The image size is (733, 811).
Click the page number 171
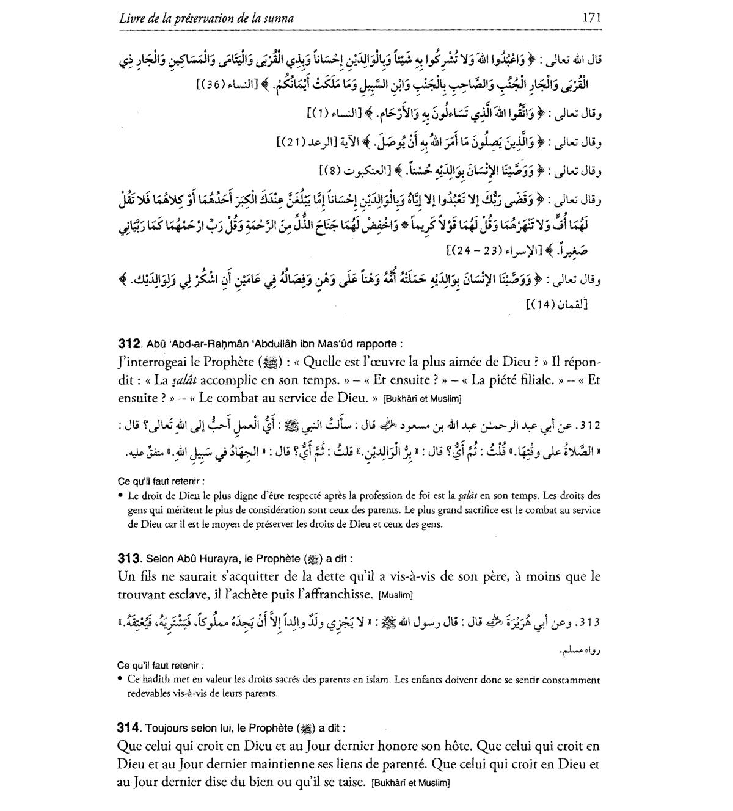pos(592,18)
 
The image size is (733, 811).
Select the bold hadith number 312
pos(129,343)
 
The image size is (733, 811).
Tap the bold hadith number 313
pos(129,558)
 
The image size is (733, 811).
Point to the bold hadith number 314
pos(129,728)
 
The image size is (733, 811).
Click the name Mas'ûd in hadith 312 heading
pos(333,343)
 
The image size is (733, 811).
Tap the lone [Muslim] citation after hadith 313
pos(396,595)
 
